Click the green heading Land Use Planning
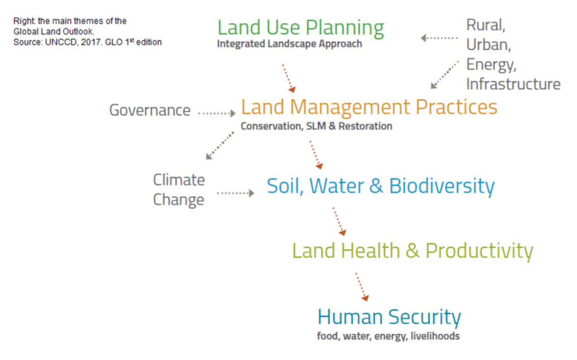(x=301, y=28)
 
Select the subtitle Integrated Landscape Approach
(x=290, y=44)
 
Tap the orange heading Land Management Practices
(x=369, y=107)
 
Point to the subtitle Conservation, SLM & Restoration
(x=317, y=126)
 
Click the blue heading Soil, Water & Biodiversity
(x=381, y=186)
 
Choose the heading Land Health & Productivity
(x=412, y=251)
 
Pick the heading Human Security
(x=389, y=317)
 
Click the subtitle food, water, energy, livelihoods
(x=388, y=336)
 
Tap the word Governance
(x=150, y=110)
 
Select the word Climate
(x=179, y=180)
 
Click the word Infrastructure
(x=513, y=85)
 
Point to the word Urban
(x=489, y=45)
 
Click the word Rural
(x=486, y=25)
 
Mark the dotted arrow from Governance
(x=217, y=113)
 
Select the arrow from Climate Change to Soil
(x=236, y=193)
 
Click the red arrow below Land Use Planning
(x=289, y=78)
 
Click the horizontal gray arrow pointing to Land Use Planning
(x=439, y=38)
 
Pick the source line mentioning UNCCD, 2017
(x=87, y=42)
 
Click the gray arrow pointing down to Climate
(x=220, y=145)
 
